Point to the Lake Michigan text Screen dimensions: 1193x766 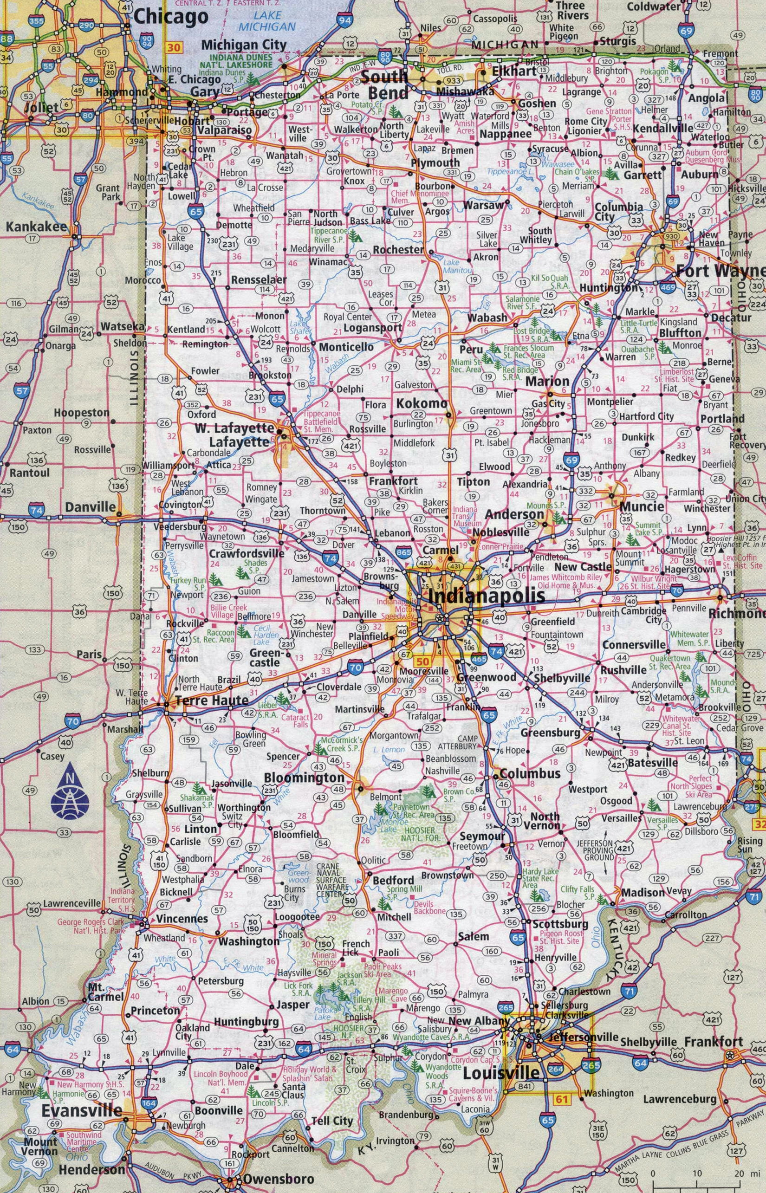click(x=273, y=21)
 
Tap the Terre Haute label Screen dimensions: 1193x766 click(x=211, y=700)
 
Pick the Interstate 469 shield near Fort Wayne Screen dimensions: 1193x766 click(x=668, y=287)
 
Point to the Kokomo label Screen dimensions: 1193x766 click(x=422, y=404)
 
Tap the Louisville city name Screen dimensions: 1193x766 click(x=501, y=1070)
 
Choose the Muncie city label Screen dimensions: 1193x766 click(x=642, y=506)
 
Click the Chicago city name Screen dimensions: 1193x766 click(x=171, y=17)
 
